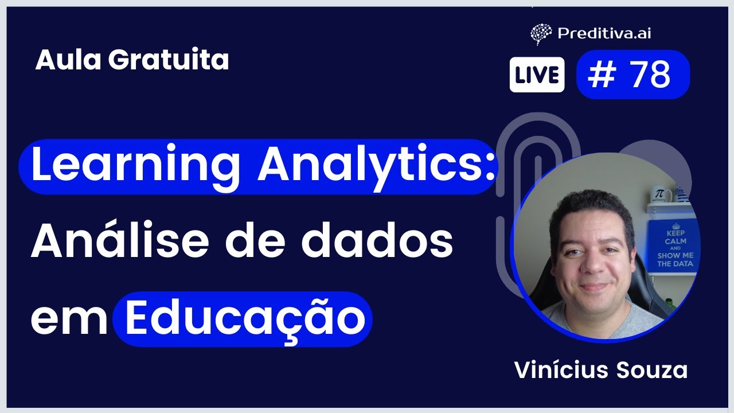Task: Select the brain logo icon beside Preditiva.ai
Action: click(x=541, y=34)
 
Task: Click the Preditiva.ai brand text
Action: click(x=604, y=33)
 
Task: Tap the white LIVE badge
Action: click(x=537, y=75)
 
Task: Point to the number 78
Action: click(x=650, y=75)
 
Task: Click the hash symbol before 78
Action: click(x=601, y=75)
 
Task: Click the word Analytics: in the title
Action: click(x=377, y=166)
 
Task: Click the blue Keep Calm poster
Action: click(x=674, y=247)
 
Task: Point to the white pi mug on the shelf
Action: click(x=661, y=194)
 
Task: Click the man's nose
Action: click(x=592, y=265)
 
